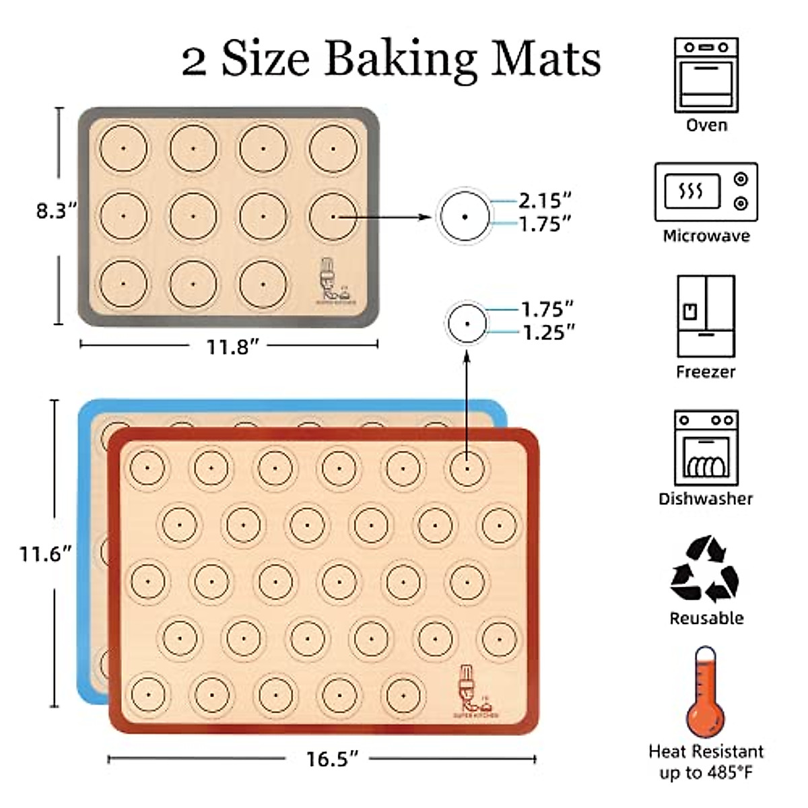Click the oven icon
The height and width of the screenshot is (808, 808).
click(x=706, y=75)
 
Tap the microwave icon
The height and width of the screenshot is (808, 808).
click(x=706, y=192)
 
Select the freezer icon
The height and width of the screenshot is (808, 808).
click(x=706, y=316)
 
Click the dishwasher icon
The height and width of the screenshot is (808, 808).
click(x=706, y=448)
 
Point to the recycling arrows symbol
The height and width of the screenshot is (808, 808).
click(x=705, y=569)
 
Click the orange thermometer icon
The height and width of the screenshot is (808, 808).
click(x=705, y=694)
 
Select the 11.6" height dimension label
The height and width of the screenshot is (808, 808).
click(x=45, y=554)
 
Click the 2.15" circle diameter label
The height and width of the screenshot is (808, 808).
click(x=545, y=200)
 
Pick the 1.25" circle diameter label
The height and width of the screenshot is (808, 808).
click(x=549, y=332)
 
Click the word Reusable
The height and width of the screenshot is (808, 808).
click(x=706, y=618)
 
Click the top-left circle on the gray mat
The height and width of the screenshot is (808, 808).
click(x=123, y=148)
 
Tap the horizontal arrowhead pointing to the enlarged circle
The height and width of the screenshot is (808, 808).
click(x=424, y=217)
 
